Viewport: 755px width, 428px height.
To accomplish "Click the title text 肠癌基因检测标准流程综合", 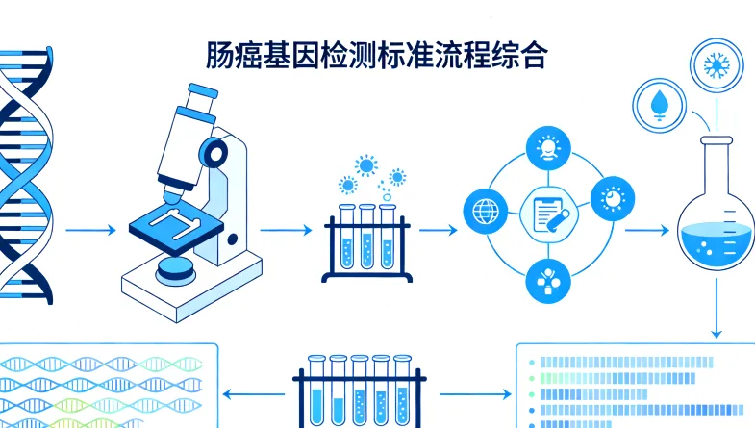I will (377, 55).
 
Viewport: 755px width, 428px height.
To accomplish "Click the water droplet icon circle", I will (660, 103).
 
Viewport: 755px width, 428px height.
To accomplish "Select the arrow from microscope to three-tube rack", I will (287, 231).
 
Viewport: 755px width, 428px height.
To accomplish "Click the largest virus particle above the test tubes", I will (365, 164).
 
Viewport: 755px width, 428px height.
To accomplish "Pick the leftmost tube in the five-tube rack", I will (315, 394).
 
